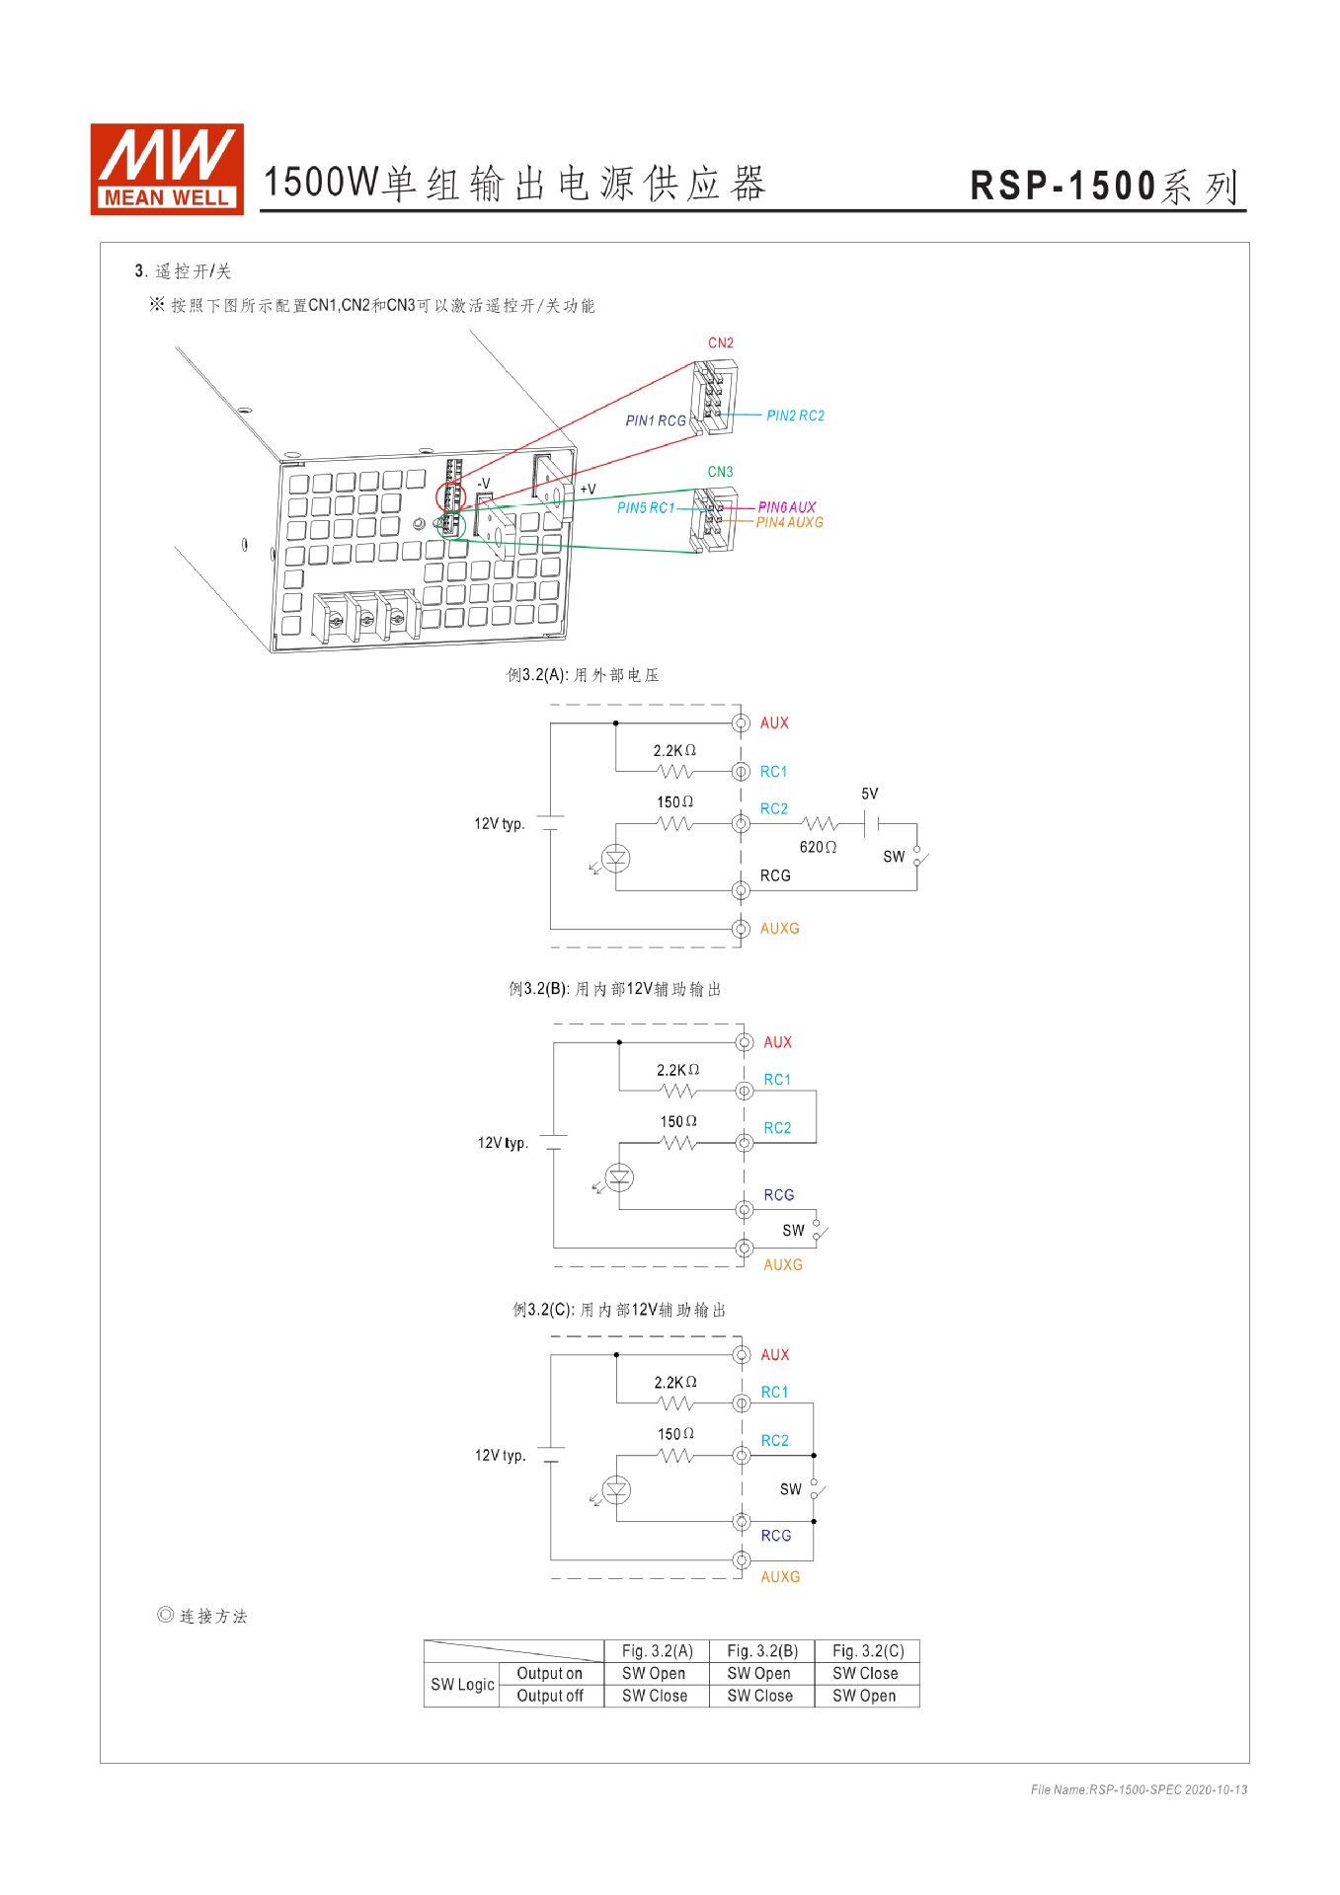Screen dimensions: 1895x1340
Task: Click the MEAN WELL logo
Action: click(166, 169)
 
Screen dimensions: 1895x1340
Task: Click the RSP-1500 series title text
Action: click(1104, 187)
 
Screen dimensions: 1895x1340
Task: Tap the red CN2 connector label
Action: click(720, 343)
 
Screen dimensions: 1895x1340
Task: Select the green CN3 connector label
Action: click(720, 473)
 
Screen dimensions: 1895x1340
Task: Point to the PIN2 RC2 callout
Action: click(795, 417)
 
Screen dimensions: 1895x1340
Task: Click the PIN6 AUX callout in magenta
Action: click(787, 507)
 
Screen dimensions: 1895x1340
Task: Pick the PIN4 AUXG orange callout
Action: click(789, 523)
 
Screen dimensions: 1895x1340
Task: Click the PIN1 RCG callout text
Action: click(655, 421)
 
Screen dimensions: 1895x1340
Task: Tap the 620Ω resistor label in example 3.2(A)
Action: click(818, 848)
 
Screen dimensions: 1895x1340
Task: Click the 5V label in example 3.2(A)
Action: click(869, 795)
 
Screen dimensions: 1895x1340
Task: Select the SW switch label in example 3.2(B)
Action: click(793, 1231)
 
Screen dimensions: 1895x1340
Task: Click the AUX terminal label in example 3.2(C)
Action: click(774, 1355)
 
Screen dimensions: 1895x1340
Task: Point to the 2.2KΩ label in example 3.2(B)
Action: click(677, 1071)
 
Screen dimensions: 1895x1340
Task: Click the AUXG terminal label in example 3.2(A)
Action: click(779, 929)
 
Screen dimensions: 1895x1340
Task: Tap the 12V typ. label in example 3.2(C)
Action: click(500, 1456)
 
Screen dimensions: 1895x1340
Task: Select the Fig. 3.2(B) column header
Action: click(761, 1651)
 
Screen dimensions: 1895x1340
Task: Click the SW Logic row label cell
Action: click(462, 1685)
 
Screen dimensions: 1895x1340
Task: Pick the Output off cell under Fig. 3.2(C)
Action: click(864, 1697)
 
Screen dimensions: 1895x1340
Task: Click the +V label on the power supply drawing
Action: click(588, 490)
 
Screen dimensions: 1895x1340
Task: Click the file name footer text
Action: click(1138, 1789)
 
